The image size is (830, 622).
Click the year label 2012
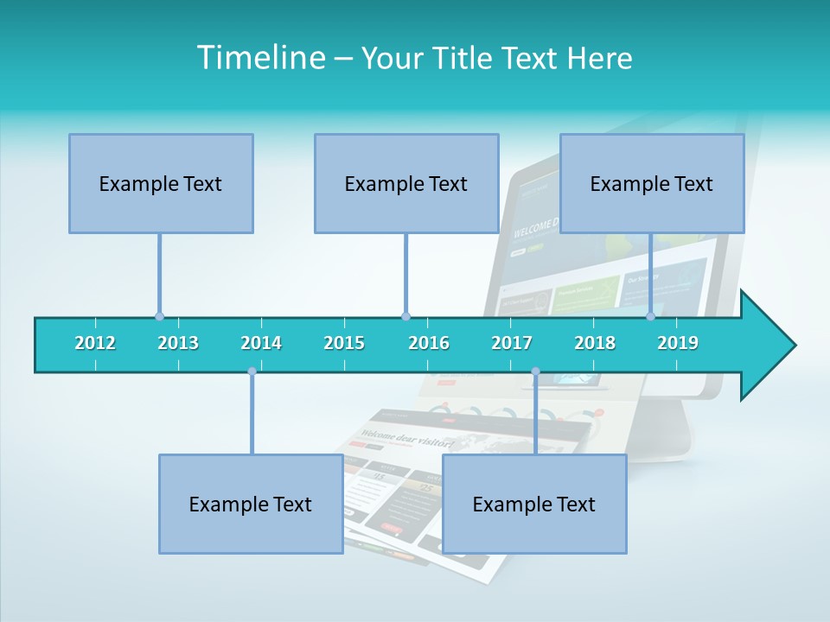pyautogui.click(x=95, y=343)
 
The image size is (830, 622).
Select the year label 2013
pyautogui.click(x=178, y=343)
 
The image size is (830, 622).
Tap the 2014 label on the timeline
pyautogui.click(x=261, y=343)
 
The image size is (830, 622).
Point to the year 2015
pyautogui.click(x=344, y=343)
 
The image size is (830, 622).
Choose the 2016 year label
pyautogui.click(x=429, y=343)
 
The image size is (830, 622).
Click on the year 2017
pyautogui.click(x=512, y=343)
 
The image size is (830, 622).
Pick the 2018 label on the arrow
pyautogui.click(x=595, y=343)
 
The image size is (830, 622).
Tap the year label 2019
pyautogui.click(x=678, y=343)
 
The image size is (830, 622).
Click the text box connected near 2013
pyautogui.click(x=161, y=183)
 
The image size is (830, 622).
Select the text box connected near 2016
pyautogui.click(x=406, y=183)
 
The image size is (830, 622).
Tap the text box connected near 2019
pyautogui.click(x=652, y=183)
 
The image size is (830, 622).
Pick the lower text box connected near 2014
pyautogui.click(x=251, y=504)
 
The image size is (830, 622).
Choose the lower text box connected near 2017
pyautogui.click(x=534, y=504)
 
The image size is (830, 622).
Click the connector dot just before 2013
pyautogui.click(x=159, y=316)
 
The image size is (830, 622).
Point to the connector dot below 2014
pyautogui.click(x=252, y=371)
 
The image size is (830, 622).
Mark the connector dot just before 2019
pyautogui.click(x=650, y=316)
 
